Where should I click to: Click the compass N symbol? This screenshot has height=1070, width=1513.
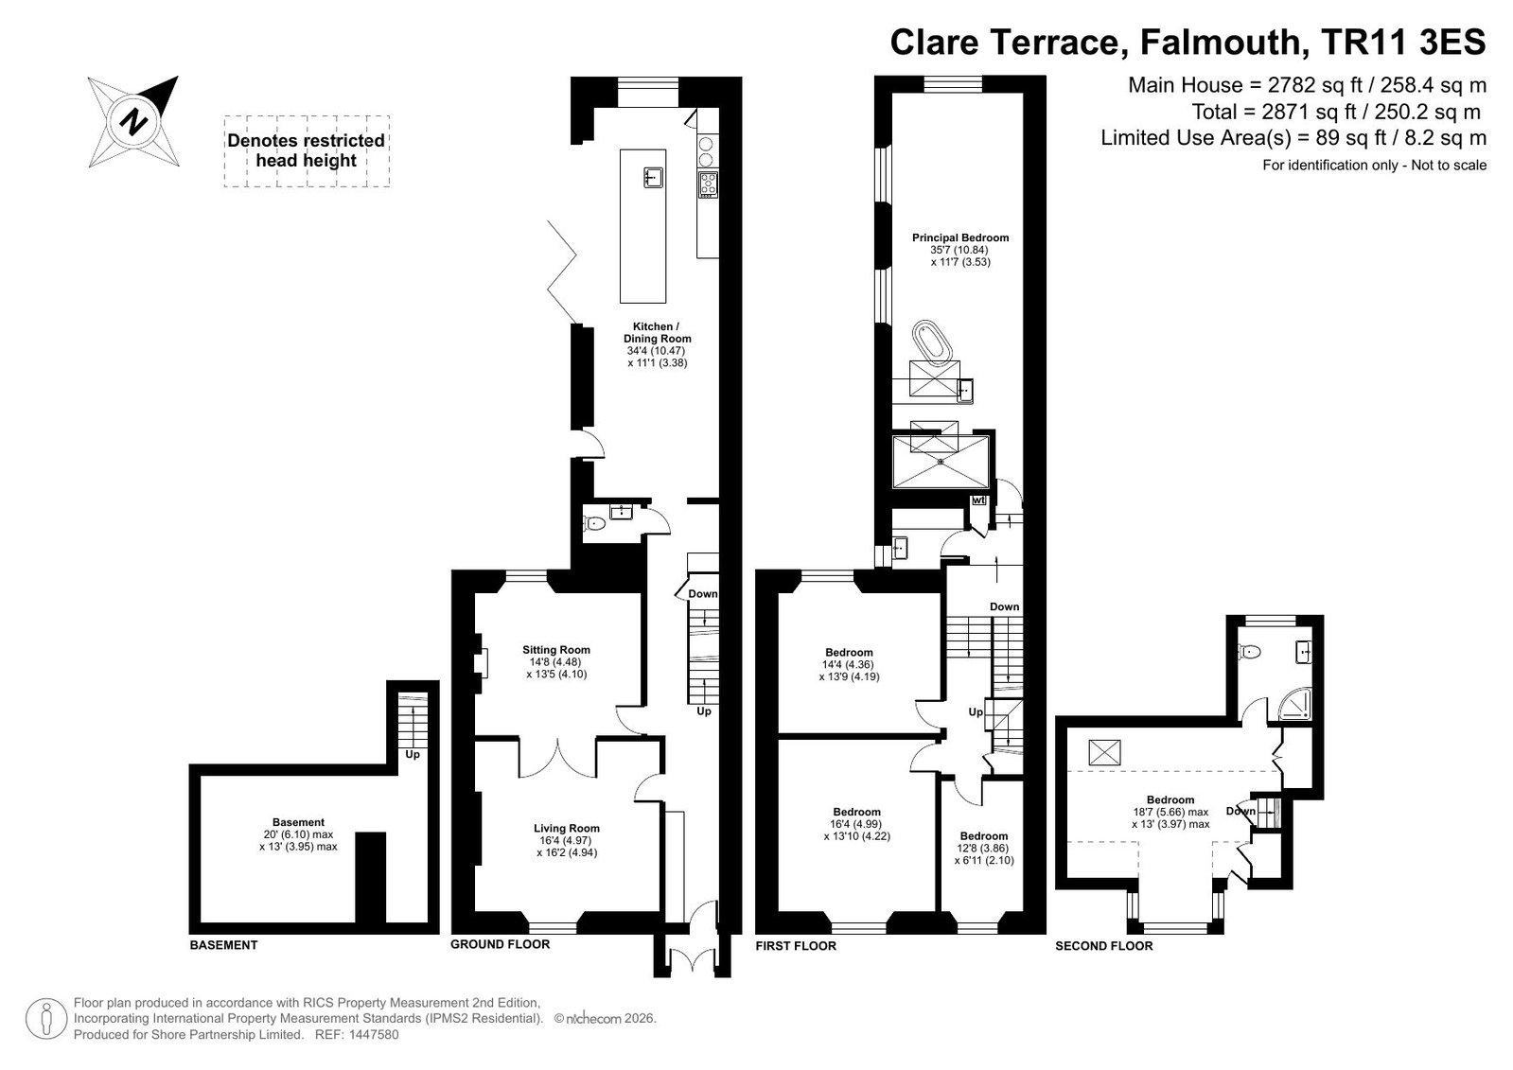pos(133,122)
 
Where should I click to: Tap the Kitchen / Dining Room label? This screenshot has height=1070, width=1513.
pos(657,332)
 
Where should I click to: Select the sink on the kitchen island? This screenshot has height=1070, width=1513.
pos(653,178)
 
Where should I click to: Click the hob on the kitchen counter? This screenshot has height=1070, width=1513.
pos(708,184)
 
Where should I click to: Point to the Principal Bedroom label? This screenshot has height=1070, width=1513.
pos(959,237)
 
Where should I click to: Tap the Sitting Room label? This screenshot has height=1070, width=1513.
pos(555,650)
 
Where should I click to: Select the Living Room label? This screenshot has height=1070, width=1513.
pos(566,828)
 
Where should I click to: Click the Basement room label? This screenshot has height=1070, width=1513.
pos(299,822)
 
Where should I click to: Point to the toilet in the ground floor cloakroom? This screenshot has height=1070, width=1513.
pos(593,523)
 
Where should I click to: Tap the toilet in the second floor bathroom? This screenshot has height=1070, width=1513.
pos(1250,652)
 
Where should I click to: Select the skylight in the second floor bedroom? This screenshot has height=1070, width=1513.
pos(1104,752)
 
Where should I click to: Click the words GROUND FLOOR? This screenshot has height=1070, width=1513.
pos(500,944)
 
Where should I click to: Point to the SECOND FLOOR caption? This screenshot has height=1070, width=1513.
pos(1103,946)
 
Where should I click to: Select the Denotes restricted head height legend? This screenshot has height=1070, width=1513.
pos(306,150)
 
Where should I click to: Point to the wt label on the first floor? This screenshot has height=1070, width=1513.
pos(978,500)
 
